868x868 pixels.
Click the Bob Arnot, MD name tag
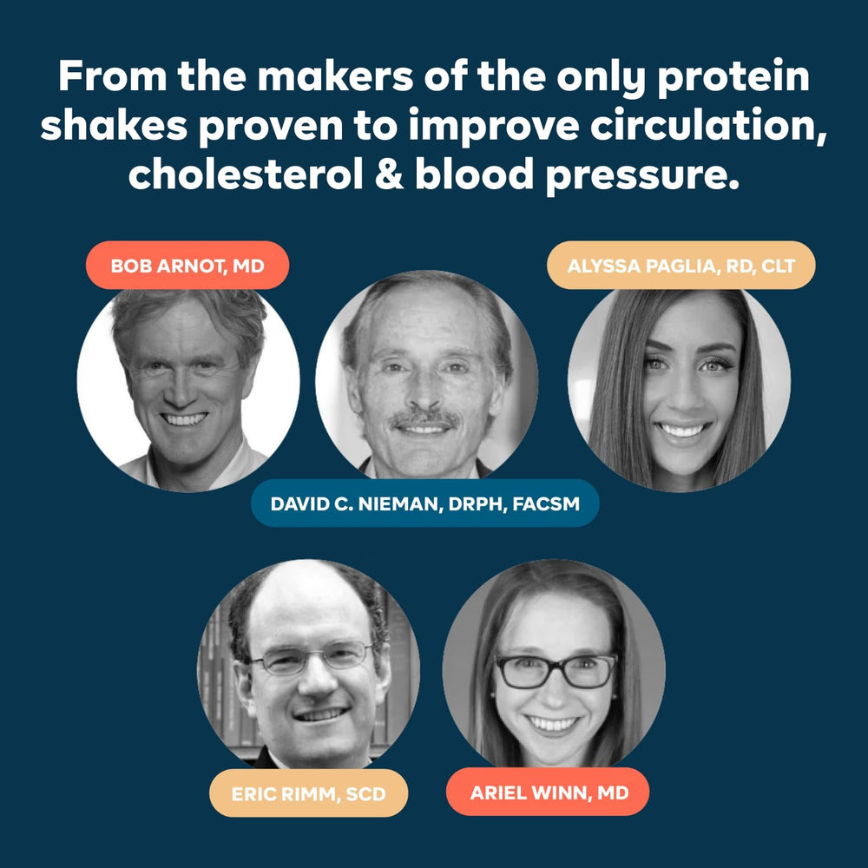point(187,265)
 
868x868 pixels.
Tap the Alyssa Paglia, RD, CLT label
point(681,265)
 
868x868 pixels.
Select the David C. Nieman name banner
point(424,503)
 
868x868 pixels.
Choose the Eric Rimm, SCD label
point(308,793)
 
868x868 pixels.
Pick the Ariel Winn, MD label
point(548,792)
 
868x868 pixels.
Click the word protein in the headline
point(733,77)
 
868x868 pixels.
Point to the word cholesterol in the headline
point(247,174)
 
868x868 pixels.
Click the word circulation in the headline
point(708,125)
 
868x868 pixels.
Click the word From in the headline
point(112,76)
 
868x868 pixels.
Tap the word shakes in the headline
point(114,125)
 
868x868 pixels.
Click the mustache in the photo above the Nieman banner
point(424,419)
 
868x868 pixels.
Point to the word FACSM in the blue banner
point(546,503)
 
